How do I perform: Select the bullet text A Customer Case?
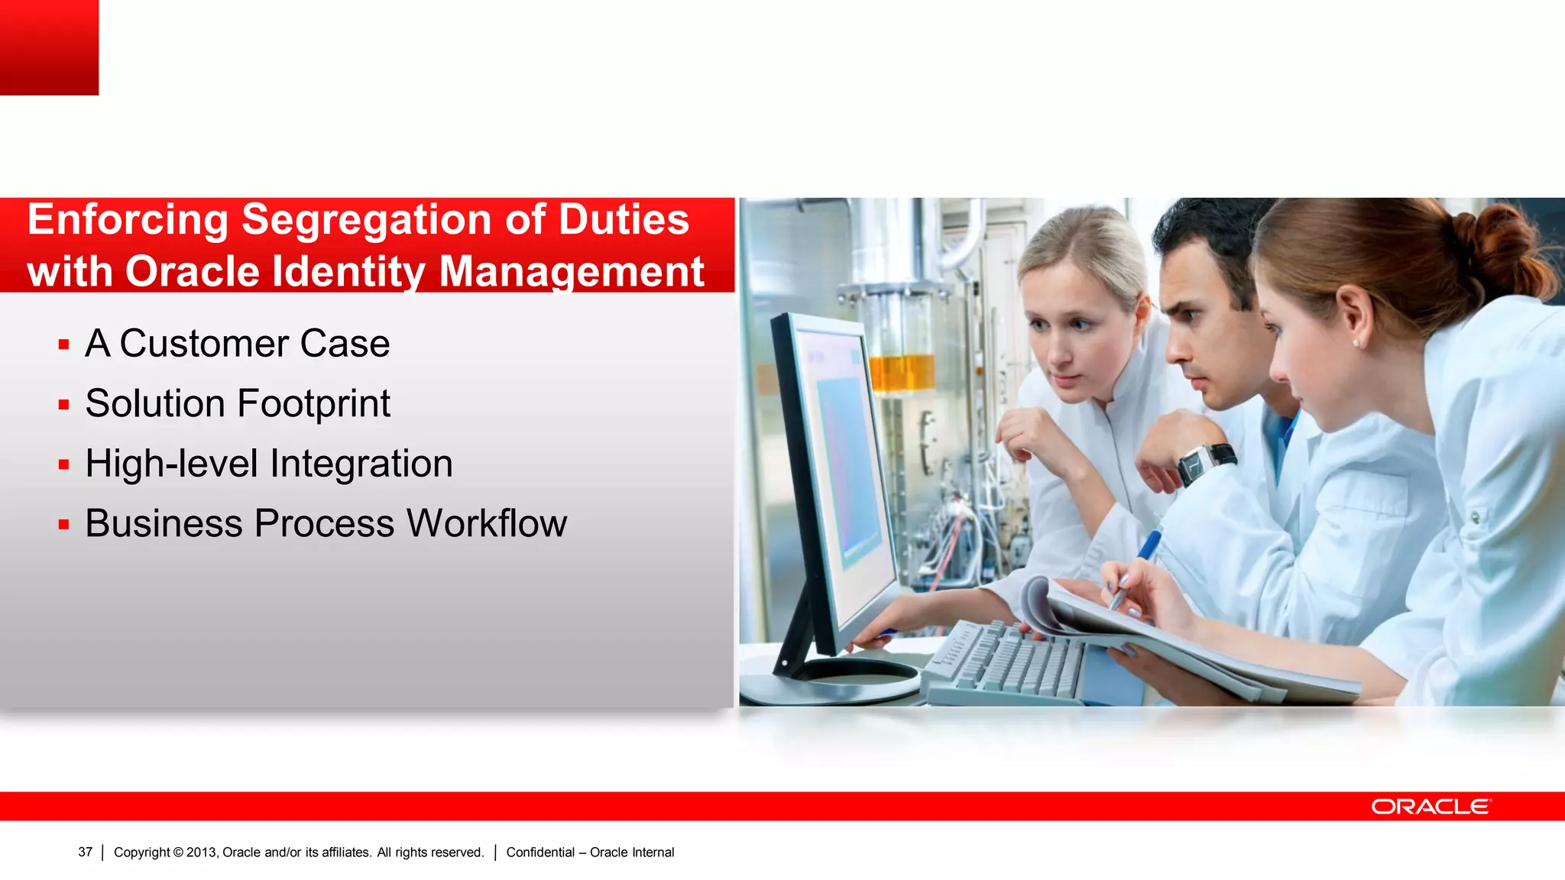point(237,344)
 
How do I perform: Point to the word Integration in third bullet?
point(361,464)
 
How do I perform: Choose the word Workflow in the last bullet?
point(486,524)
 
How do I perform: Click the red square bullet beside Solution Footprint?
point(64,405)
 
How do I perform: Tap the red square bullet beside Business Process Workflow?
point(64,525)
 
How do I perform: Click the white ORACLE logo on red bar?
point(1430,807)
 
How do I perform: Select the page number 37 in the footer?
point(85,852)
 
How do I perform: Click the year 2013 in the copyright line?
point(202,852)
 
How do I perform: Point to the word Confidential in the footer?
point(540,852)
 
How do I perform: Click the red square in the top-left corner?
point(49,47)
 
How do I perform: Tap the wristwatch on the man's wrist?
point(1205,463)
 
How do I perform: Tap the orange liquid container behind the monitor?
point(902,373)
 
